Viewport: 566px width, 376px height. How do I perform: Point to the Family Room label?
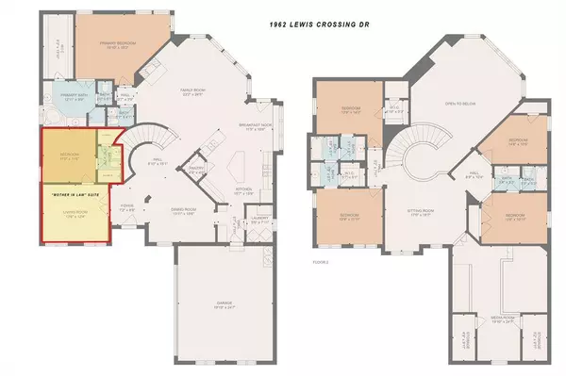coord(194,91)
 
